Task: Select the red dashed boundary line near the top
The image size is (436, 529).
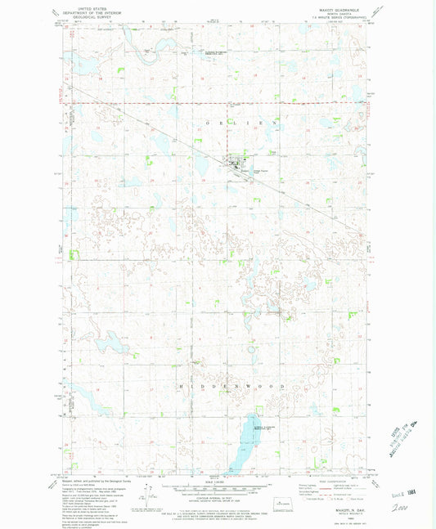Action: [x=213, y=105]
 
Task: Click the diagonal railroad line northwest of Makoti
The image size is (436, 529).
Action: [x=139, y=123]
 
